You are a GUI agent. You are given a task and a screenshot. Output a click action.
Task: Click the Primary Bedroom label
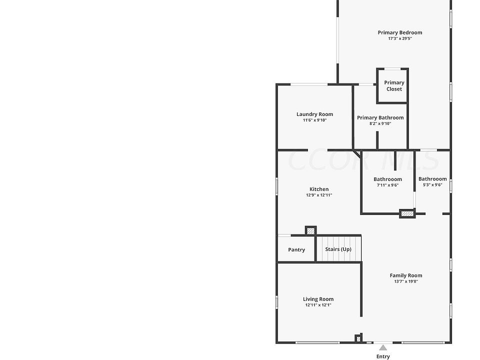[399, 32]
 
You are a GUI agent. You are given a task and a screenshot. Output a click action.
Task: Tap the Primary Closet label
[394, 85]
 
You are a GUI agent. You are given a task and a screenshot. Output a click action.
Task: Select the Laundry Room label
[314, 114]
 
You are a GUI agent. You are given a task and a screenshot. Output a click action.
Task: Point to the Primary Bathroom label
[380, 117]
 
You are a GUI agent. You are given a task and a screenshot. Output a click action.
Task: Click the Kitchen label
[319, 189]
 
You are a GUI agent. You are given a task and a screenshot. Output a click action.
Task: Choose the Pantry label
[296, 249]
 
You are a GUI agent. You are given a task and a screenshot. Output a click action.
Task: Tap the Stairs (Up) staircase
[338, 249]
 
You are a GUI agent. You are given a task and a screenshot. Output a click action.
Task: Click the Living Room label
[318, 299]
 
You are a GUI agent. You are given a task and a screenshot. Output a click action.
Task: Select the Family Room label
[406, 275]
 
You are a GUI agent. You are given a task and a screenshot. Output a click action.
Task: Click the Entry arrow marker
[383, 346]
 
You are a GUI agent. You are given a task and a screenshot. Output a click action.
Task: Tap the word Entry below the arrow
[383, 356]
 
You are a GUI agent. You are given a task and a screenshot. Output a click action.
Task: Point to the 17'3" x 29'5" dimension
[399, 38]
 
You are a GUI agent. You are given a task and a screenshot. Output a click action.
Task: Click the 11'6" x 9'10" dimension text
[314, 120]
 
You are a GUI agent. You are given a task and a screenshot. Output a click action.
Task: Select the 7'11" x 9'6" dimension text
[387, 185]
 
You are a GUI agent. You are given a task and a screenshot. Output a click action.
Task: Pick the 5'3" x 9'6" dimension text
[432, 185]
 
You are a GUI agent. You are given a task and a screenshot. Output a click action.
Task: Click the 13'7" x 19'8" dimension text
[406, 281]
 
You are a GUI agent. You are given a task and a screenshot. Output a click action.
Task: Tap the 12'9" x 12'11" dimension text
[319, 195]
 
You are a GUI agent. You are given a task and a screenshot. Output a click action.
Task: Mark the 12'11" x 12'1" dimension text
[318, 305]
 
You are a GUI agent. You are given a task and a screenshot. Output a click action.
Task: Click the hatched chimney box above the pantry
[310, 231]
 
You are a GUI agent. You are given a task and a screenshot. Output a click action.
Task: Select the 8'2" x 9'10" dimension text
[380, 123]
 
